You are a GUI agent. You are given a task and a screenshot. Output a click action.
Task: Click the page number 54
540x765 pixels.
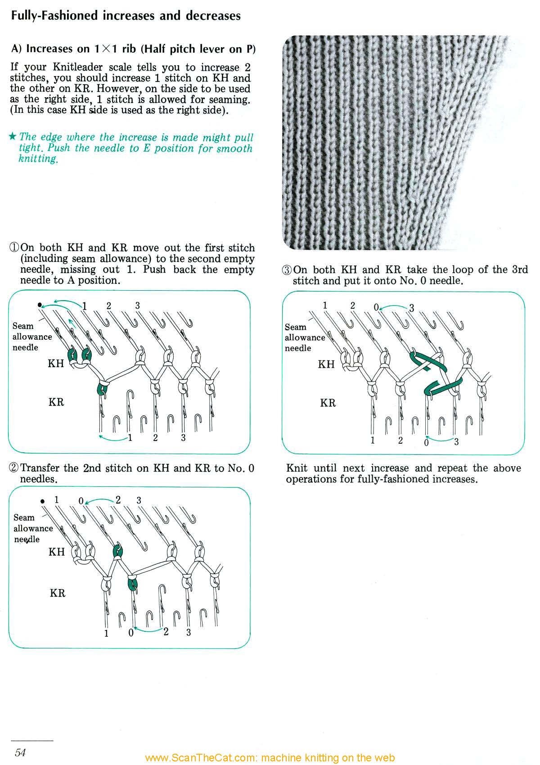pos(20,752)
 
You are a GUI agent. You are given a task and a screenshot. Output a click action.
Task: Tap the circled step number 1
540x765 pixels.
pos(14,248)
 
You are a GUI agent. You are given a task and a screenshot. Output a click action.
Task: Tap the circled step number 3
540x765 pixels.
pos(287,270)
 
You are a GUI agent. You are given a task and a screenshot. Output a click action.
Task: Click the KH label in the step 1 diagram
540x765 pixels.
pos(56,364)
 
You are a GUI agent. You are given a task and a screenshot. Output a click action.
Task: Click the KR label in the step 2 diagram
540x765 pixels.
pos(58,593)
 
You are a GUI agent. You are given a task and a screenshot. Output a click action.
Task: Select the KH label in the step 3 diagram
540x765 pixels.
pos(326,364)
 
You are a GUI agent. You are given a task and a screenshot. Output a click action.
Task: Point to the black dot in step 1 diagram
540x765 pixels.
pos(40,305)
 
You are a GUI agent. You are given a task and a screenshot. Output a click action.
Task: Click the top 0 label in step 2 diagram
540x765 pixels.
pos(81,501)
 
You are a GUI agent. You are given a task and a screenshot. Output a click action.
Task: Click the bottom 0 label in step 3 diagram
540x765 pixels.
pos(426,442)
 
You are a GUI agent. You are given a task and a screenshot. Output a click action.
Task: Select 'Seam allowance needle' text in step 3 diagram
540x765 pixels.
pos(304,337)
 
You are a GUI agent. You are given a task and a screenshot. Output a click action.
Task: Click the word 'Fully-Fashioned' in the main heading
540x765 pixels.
pos(54,16)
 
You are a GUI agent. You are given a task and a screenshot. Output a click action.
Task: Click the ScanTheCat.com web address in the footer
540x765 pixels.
pos(270,758)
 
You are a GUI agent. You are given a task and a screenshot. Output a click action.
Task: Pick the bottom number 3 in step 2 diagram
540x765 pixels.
pos(188,632)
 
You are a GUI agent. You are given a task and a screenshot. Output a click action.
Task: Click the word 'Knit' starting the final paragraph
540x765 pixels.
pos(297,468)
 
